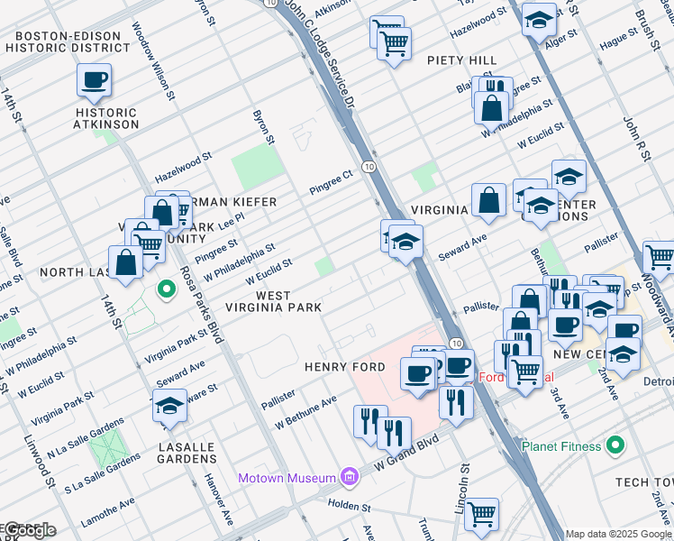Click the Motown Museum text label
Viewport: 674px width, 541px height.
click(x=286, y=477)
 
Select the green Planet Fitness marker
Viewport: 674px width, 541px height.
click(x=615, y=445)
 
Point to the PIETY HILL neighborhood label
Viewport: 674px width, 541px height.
click(x=463, y=60)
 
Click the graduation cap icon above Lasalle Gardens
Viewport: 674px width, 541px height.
click(x=169, y=407)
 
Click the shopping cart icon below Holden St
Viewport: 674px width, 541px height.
click(x=482, y=514)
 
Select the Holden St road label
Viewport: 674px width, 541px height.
click(x=350, y=507)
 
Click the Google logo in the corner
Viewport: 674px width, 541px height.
click(x=29, y=530)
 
